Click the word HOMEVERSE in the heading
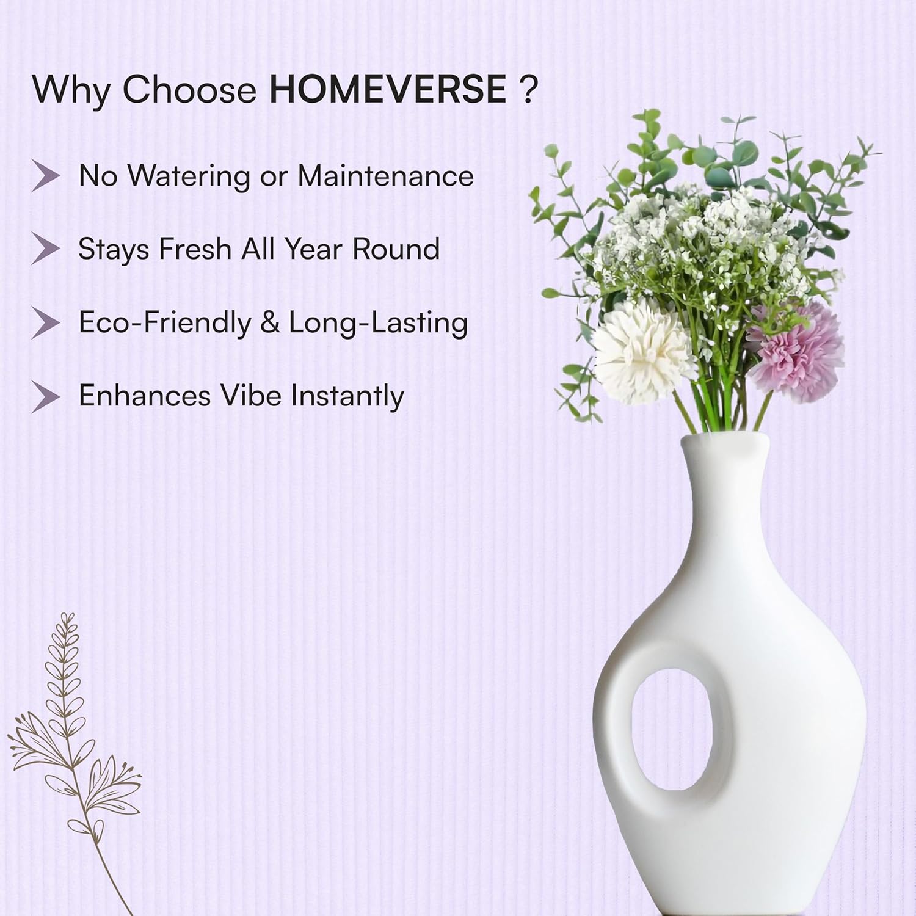388,89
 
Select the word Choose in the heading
191,89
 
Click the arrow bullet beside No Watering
46,176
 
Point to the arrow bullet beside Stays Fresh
46,249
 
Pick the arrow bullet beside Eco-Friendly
46,323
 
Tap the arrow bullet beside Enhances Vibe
46,396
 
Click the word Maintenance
385,176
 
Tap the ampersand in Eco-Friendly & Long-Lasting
269,323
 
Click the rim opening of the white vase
724,438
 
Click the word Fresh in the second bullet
195,249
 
